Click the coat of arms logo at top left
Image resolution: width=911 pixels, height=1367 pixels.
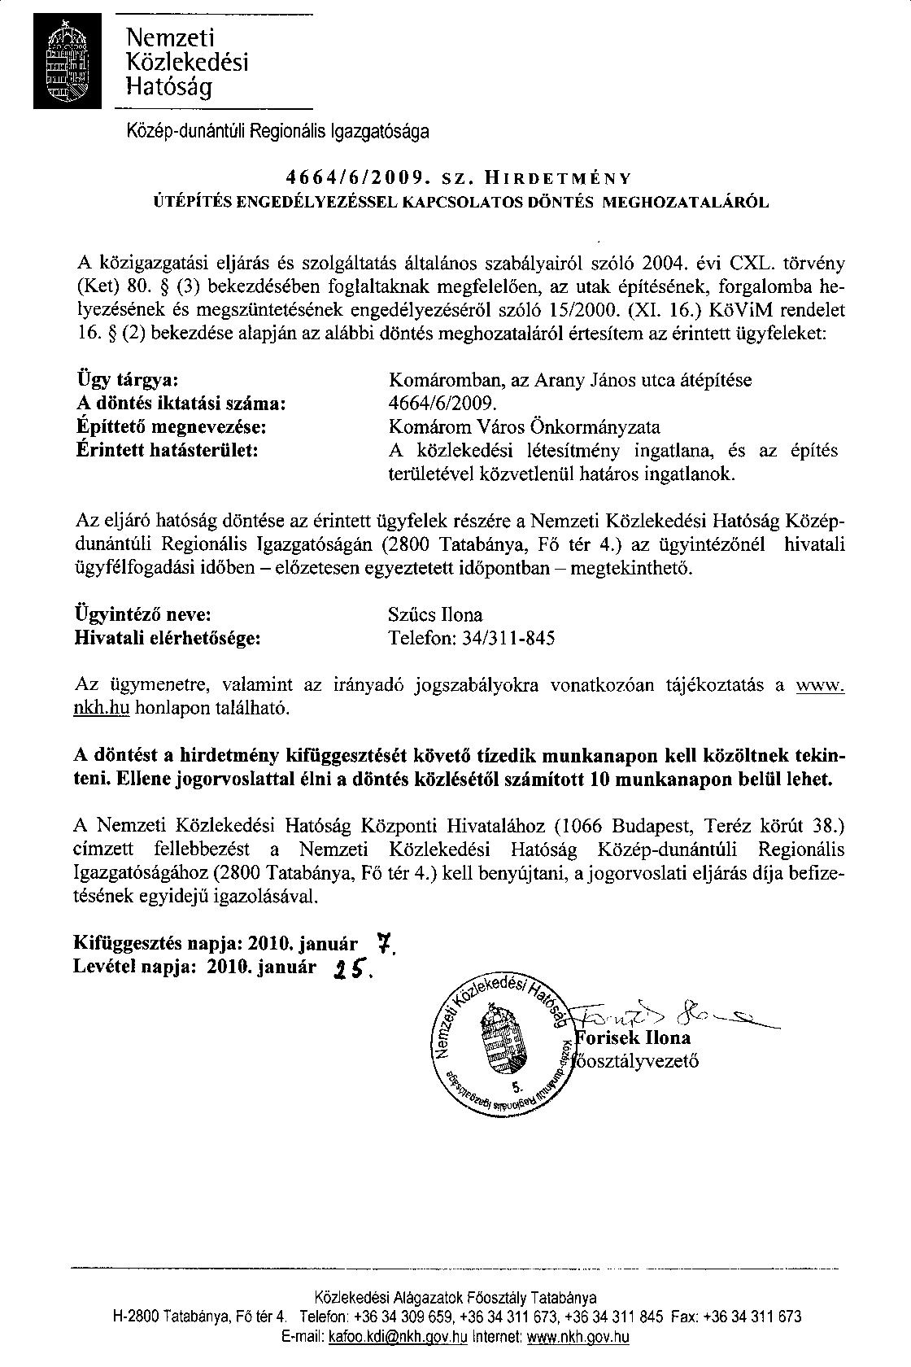click(68, 62)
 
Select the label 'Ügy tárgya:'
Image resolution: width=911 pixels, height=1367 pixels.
click(127, 381)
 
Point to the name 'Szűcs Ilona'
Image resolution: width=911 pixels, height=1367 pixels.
click(436, 615)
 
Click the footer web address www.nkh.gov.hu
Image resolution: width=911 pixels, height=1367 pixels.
click(578, 1337)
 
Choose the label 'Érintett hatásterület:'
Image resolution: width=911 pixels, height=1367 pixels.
click(167, 449)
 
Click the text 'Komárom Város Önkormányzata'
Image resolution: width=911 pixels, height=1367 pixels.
click(525, 426)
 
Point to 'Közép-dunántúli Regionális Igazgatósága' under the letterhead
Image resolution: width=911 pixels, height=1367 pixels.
click(277, 130)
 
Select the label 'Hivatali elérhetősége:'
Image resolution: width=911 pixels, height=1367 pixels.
click(168, 638)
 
